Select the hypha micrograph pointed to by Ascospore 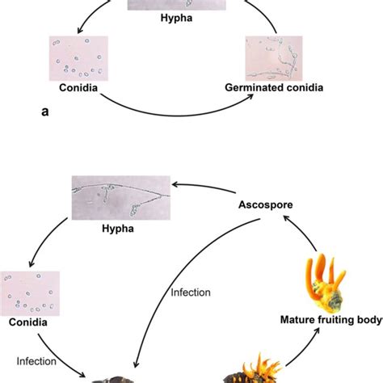pos(122,197)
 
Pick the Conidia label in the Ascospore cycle pos(30,322)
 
